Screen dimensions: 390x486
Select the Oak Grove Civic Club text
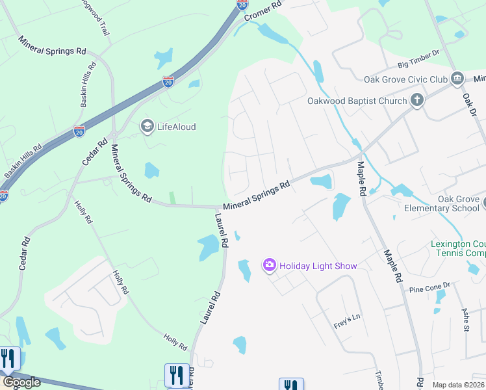point(406,79)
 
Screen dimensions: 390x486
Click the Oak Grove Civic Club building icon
point(457,79)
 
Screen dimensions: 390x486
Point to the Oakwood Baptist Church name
point(357,101)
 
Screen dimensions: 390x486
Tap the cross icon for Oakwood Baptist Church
point(416,101)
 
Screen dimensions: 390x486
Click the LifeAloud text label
point(176,127)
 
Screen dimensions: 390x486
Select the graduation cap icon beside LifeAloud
point(147,126)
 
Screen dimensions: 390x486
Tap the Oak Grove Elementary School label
point(444,203)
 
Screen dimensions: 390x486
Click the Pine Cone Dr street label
point(429,287)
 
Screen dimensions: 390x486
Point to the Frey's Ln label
point(346,319)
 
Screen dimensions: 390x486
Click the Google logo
point(21,382)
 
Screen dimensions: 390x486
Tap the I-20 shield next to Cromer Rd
point(242,4)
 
